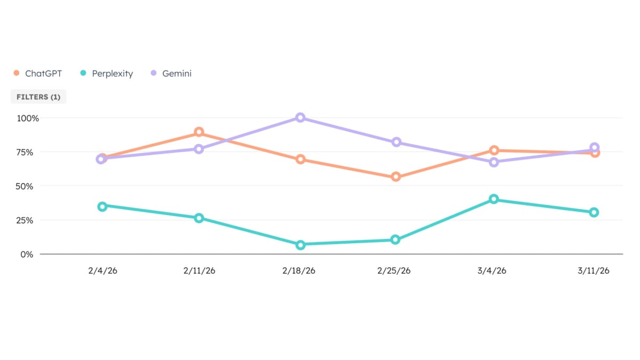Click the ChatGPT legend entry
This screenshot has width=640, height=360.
(x=38, y=74)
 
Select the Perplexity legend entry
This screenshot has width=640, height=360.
(x=106, y=74)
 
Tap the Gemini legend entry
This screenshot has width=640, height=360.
(x=171, y=74)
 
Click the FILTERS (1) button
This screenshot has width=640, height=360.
(x=38, y=97)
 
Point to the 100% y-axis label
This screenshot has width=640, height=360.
(x=28, y=118)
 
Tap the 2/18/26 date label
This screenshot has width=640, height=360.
(x=299, y=271)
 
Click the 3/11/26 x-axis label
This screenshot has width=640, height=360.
(x=593, y=271)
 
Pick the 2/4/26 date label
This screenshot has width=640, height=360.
(x=102, y=271)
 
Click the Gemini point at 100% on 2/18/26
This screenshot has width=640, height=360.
(x=300, y=117)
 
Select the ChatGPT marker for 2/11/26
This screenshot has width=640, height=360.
(x=199, y=132)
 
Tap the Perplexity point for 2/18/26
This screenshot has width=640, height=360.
(x=300, y=245)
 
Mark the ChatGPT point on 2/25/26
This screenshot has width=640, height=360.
(x=396, y=177)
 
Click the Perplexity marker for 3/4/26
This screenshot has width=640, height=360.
(x=494, y=199)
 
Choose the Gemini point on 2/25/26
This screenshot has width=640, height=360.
(x=396, y=142)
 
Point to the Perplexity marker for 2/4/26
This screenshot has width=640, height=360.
(x=102, y=206)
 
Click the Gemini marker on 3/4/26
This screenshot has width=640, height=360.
(x=494, y=162)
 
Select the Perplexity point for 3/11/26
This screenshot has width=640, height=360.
(x=594, y=212)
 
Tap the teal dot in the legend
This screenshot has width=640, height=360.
(x=83, y=73)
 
